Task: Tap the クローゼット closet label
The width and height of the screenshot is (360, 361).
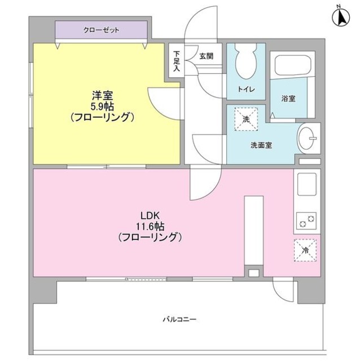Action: coord(101,30)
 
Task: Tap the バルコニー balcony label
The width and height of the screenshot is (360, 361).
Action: coord(180,319)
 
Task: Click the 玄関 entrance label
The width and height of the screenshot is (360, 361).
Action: coord(206,56)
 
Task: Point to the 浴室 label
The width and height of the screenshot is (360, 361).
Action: coord(288,98)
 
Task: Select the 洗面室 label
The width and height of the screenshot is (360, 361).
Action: coord(261,145)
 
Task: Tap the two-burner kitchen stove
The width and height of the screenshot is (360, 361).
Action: coord(307,220)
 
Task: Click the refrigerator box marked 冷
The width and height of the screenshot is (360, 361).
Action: coord(305,250)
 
